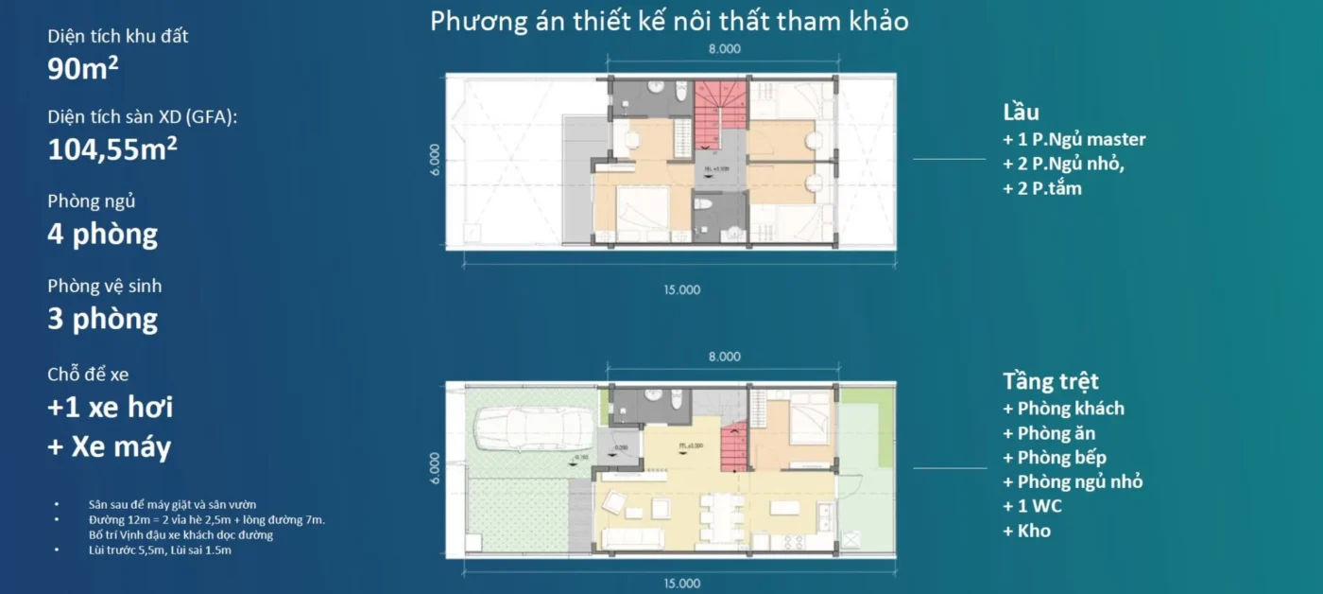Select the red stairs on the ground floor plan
pos(734,445)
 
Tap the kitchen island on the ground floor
pos(783,508)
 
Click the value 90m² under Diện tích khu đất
pos(83,69)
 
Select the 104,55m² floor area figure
pos(112,149)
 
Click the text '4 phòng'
pos(102,234)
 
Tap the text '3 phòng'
pos(102,319)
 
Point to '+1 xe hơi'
pos(110,408)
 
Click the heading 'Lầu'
pos(1022,113)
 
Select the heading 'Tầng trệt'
pos(1051,382)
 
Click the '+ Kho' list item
pos(1026,531)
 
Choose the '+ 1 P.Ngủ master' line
pos(1074,139)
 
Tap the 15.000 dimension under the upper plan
pos(681,289)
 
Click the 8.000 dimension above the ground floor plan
pos(724,357)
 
